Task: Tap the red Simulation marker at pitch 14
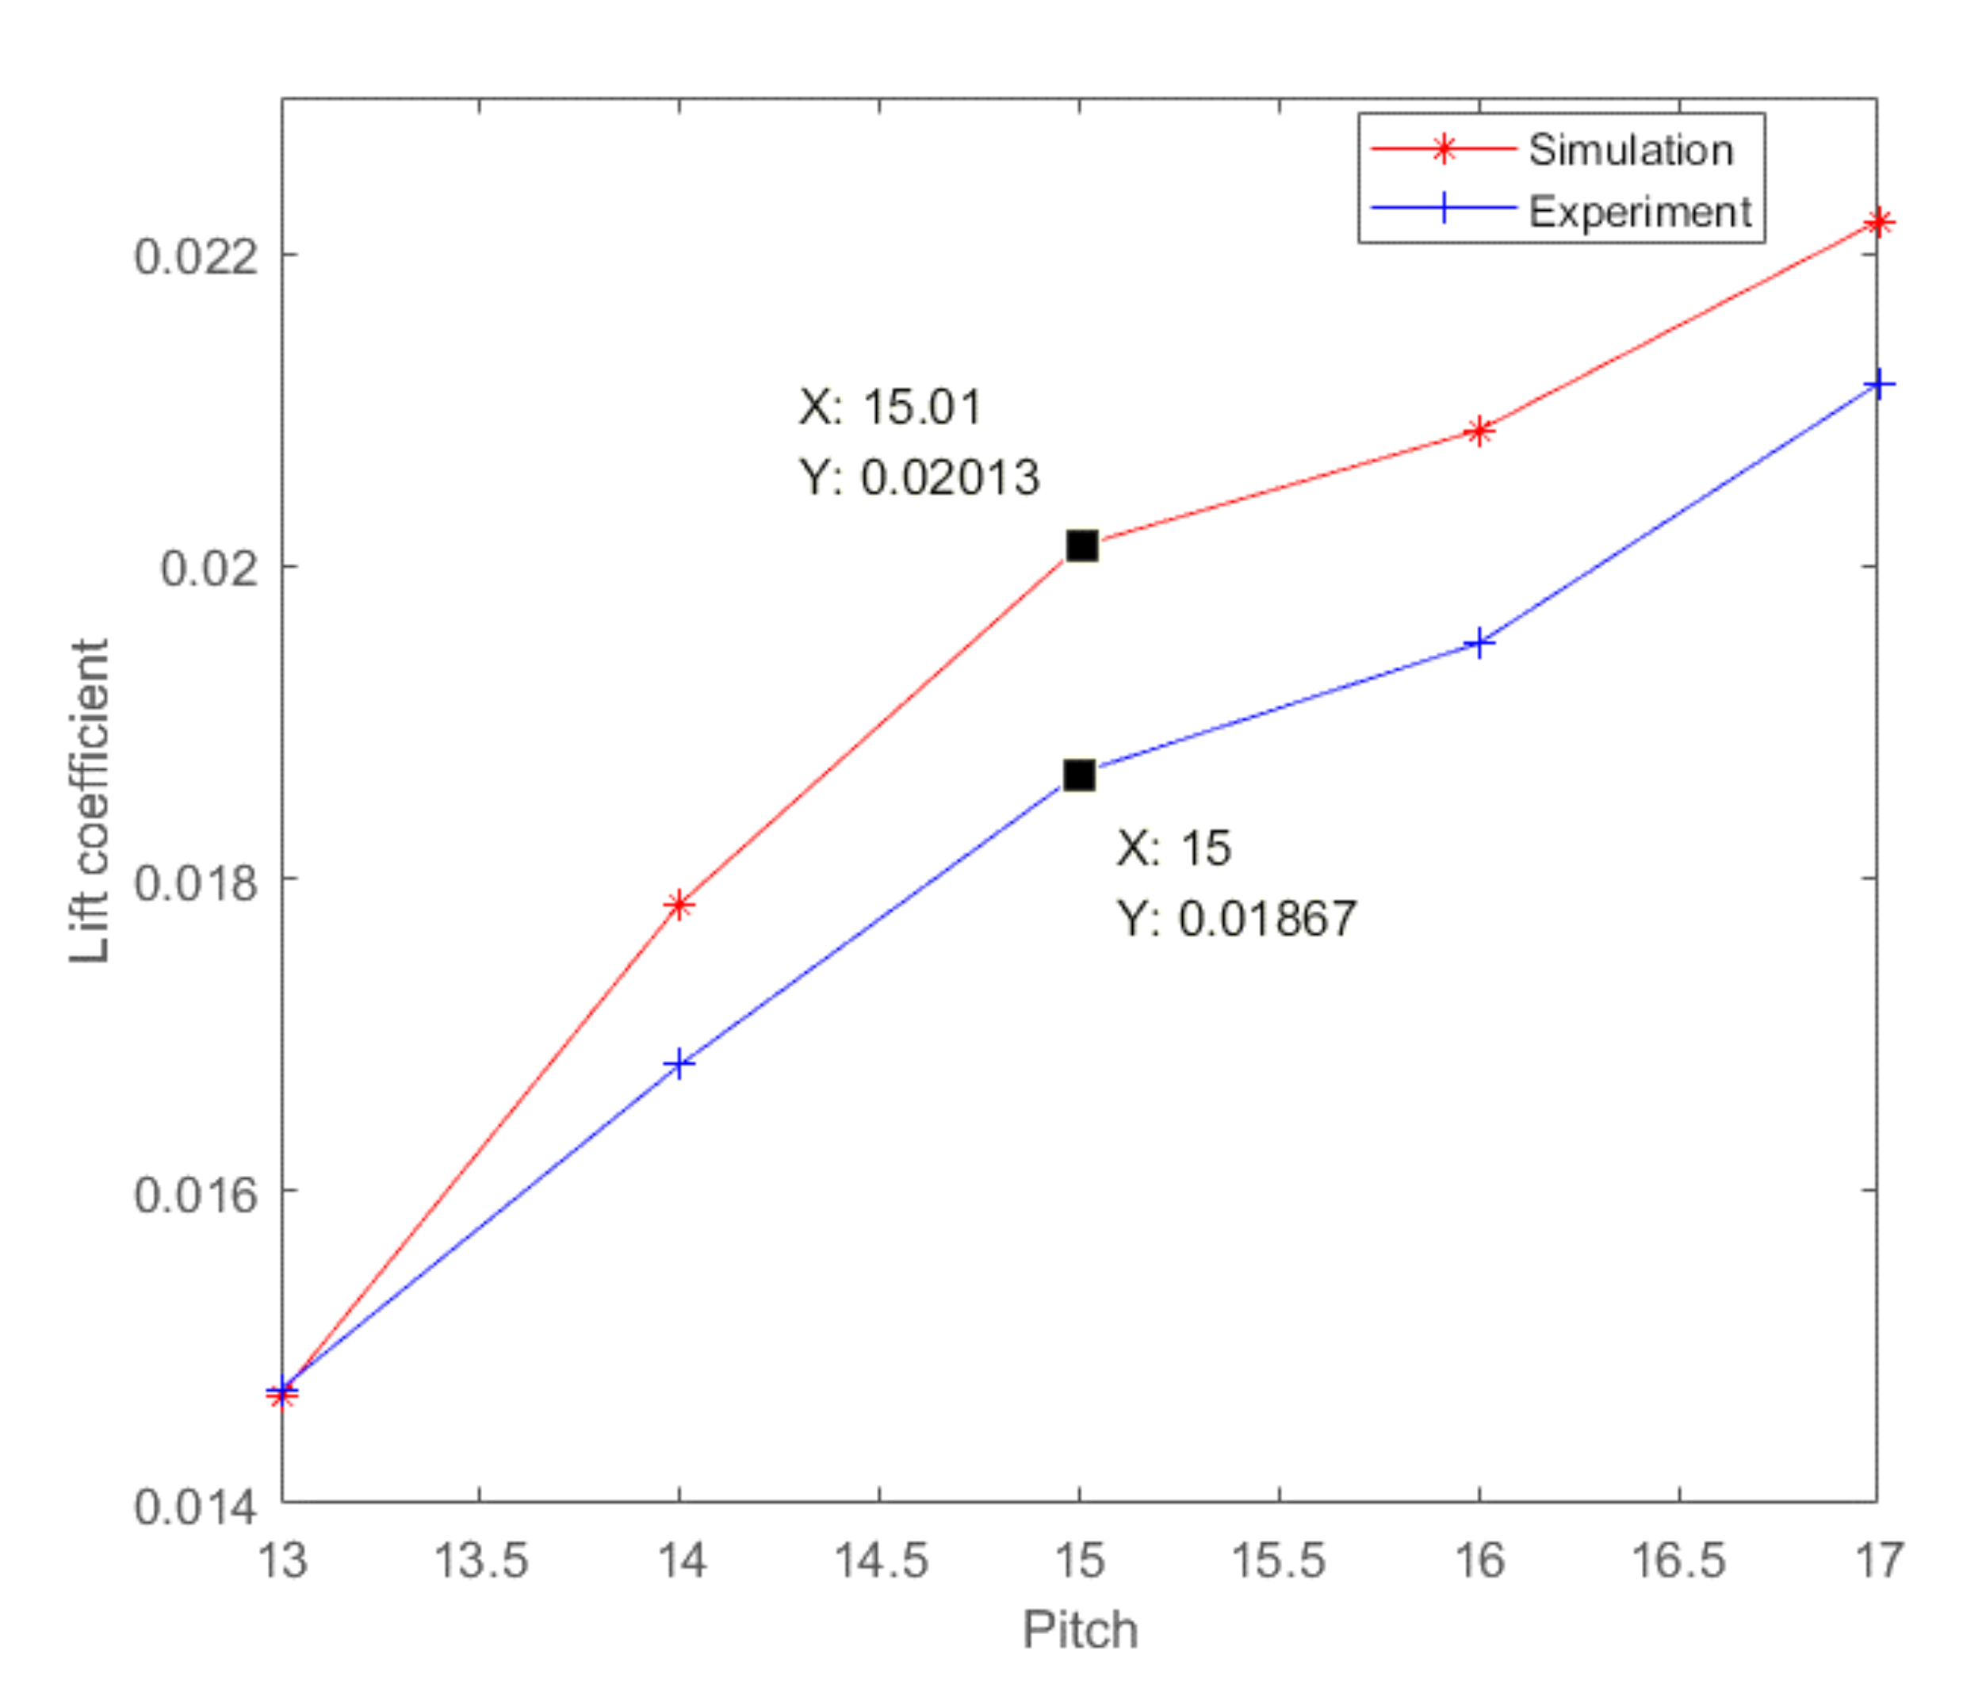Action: [x=679, y=905]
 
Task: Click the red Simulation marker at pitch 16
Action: [x=1479, y=431]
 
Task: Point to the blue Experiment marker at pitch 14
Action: [x=679, y=1064]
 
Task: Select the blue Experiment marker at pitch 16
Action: [x=1479, y=643]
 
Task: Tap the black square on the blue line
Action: [x=1079, y=775]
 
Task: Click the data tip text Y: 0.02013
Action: [x=919, y=477]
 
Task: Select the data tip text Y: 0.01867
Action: [x=1236, y=918]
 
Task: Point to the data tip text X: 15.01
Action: [x=890, y=407]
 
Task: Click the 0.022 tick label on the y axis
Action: [x=195, y=256]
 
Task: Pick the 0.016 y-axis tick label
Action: [x=195, y=1194]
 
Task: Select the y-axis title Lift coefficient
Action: [x=90, y=801]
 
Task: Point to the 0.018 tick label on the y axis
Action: [x=195, y=882]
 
